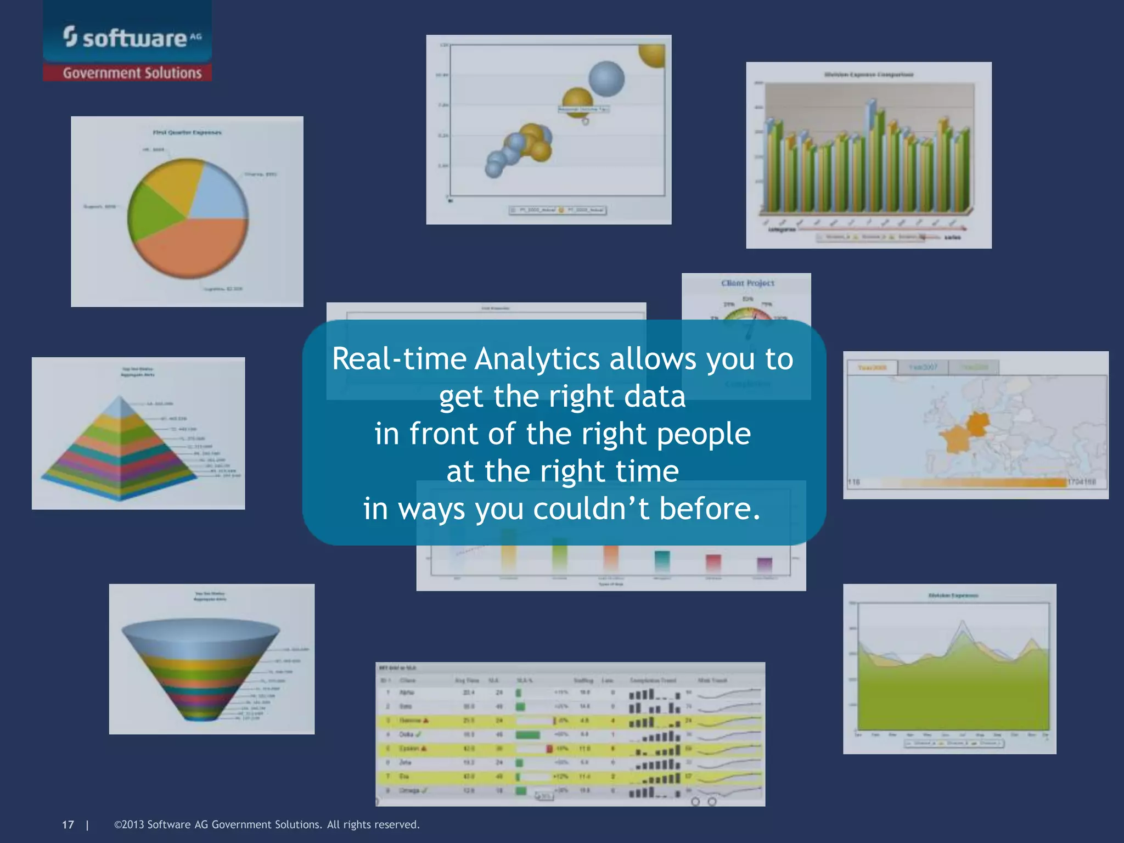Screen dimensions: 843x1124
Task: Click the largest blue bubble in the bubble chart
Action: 606,78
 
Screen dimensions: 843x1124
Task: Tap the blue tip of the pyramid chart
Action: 120,406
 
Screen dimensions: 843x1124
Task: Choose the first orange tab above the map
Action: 872,367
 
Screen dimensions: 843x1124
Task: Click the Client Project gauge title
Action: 748,283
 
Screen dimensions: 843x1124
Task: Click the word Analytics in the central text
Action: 537,359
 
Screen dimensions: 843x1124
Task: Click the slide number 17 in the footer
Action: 68,824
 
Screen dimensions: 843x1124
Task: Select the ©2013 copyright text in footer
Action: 267,824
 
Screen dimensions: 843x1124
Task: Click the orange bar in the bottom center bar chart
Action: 611,557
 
